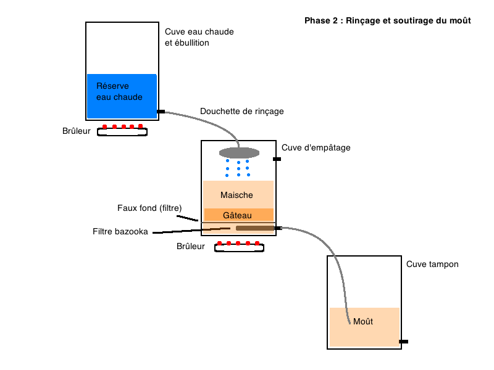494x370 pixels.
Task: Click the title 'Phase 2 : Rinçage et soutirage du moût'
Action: [388, 21]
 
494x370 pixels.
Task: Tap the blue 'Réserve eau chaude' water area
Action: [122, 96]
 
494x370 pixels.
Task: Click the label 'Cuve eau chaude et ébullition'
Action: [199, 37]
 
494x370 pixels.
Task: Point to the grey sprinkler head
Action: [239, 153]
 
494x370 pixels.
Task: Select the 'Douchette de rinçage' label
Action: [242, 111]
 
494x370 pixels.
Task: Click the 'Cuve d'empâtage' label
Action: [316, 147]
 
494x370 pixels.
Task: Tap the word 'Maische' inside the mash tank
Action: [237, 195]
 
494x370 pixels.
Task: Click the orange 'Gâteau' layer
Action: [239, 215]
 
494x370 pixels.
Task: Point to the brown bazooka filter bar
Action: [255, 228]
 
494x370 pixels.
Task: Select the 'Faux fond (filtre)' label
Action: [149, 208]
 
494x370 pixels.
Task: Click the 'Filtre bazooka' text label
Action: [120, 232]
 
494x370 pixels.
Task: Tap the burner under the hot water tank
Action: [122, 130]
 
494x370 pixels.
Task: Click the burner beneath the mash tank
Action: [239, 246]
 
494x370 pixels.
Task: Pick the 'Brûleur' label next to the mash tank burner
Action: [191, 246]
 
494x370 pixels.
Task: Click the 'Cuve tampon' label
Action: [432, 264]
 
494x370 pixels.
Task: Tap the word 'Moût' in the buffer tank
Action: [363, 321]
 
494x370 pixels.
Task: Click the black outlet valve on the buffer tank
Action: [404, 342]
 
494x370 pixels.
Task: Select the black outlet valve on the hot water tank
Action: [161, 112]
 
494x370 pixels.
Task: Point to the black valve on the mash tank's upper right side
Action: [277, 159]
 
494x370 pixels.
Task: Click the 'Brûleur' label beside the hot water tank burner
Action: [76, 131]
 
